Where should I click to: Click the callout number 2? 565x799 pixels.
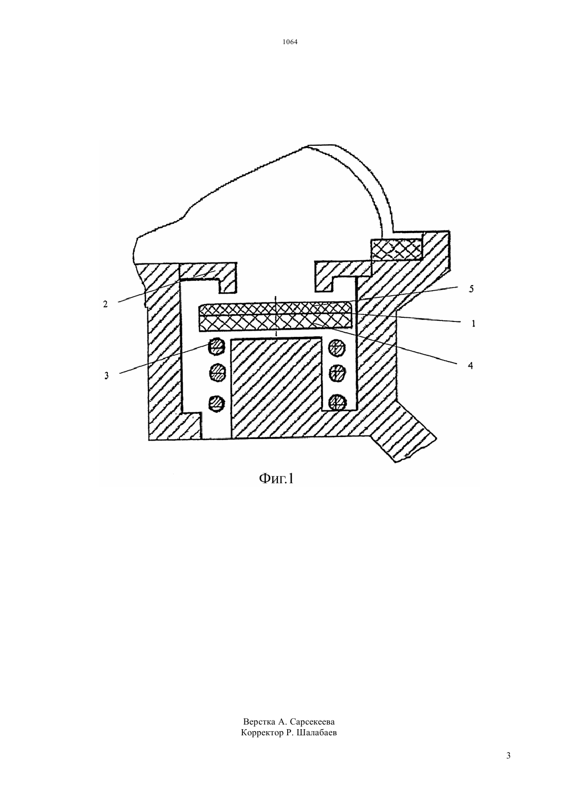point(105,305)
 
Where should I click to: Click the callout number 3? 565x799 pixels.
point(106,375)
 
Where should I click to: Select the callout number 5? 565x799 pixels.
point(471,289)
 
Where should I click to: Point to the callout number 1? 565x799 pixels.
point(474,324)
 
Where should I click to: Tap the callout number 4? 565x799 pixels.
point(470,366)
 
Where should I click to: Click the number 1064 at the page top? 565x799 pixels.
point(290,42)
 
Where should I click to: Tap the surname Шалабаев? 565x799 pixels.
point(315,733)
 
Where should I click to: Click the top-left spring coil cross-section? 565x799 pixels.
point(217,346)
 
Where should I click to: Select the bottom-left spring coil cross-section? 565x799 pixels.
point(217,404)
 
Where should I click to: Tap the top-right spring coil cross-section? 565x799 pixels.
point(337,347)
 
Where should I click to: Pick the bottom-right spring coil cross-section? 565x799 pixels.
point(337,403)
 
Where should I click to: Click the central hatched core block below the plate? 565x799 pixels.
point(277,388)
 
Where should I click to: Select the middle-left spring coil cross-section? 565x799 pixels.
point(217,373)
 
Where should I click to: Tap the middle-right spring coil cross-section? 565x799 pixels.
point(337,373)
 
